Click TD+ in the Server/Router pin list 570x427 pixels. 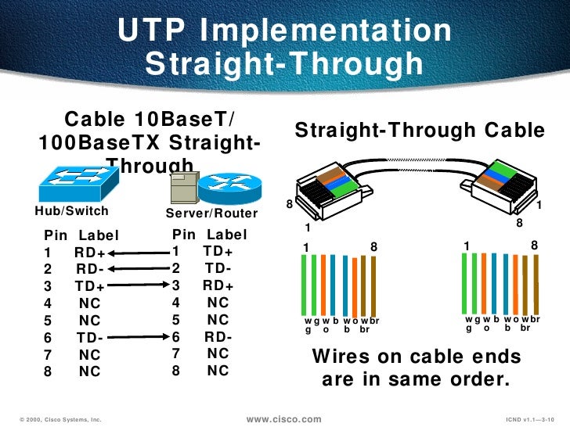tap(218, 251)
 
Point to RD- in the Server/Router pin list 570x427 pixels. tap(218, 337)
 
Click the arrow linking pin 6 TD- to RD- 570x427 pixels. tap(136, 337)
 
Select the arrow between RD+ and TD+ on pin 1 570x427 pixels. tap(141, 252)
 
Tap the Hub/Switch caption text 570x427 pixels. tap(70, 211)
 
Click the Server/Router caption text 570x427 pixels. tap(211, 213)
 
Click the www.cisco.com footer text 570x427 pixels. tap(283, 419)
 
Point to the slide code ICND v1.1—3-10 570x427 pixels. tap(529, 420)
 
